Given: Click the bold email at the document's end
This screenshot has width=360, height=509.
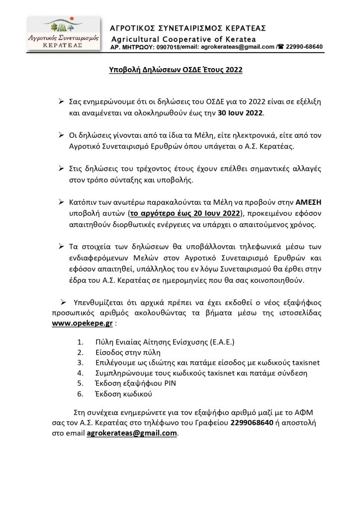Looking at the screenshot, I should coord(132,433).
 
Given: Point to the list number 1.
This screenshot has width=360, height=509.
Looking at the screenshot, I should coord(81,343).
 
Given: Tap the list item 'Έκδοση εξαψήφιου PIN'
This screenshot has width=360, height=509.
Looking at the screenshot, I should coord(129,383).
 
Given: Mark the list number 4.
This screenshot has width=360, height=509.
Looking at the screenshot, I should coord(81,373).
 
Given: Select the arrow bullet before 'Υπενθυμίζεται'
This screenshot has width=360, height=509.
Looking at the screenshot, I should coord(64,302).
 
